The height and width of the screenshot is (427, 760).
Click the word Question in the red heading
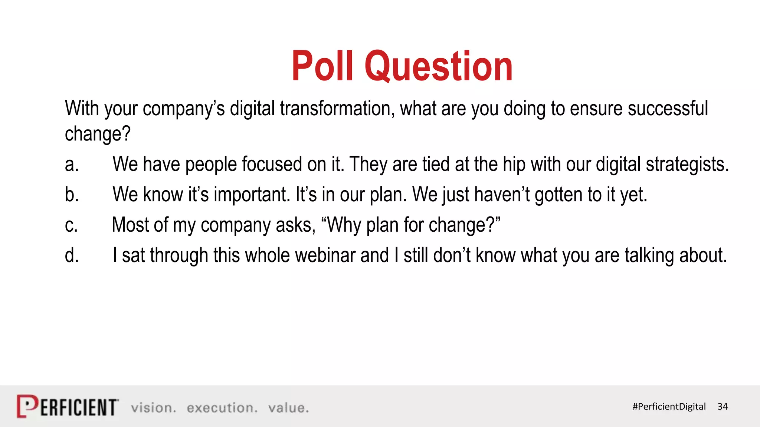pos(439,67)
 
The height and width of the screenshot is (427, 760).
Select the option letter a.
pos(72,164)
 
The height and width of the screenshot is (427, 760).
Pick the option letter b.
pos(72,194)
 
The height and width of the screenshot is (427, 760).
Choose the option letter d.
pos(72,255)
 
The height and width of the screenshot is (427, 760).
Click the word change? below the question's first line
pos(98,134)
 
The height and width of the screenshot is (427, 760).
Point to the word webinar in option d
pos(325,255)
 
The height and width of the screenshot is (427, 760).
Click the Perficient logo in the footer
pos(68,407)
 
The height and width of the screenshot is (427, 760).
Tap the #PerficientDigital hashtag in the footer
pos(669,407)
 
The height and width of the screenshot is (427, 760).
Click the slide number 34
pos(723,407)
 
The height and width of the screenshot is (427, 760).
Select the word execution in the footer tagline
pos(222,408)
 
